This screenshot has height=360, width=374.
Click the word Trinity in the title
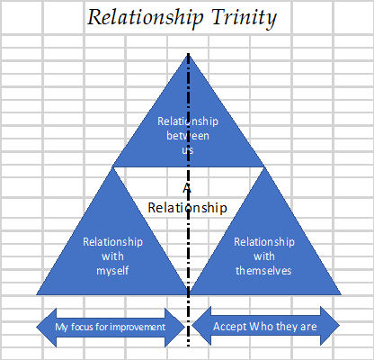point(244,18)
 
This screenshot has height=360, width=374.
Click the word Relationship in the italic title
point(146,17)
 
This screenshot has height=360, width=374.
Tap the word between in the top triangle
point(188,136)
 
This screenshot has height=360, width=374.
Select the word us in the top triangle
point(188,150)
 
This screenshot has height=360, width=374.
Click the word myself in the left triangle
point(112,271)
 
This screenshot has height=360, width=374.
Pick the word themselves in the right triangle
point(263,271)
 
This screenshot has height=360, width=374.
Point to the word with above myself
point(112,256)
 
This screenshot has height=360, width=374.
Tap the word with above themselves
point(264,256)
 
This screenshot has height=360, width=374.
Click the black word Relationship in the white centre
point(188,208)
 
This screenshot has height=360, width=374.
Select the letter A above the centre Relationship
point(187,188)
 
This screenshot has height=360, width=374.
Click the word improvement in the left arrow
point(137,327)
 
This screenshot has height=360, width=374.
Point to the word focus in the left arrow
point(82,327)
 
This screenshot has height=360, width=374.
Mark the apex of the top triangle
point(188,54)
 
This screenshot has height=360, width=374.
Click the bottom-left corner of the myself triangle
point(37,295)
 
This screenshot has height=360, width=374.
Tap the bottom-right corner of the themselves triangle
point(341,295)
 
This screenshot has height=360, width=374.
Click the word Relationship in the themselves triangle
point(264,242)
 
